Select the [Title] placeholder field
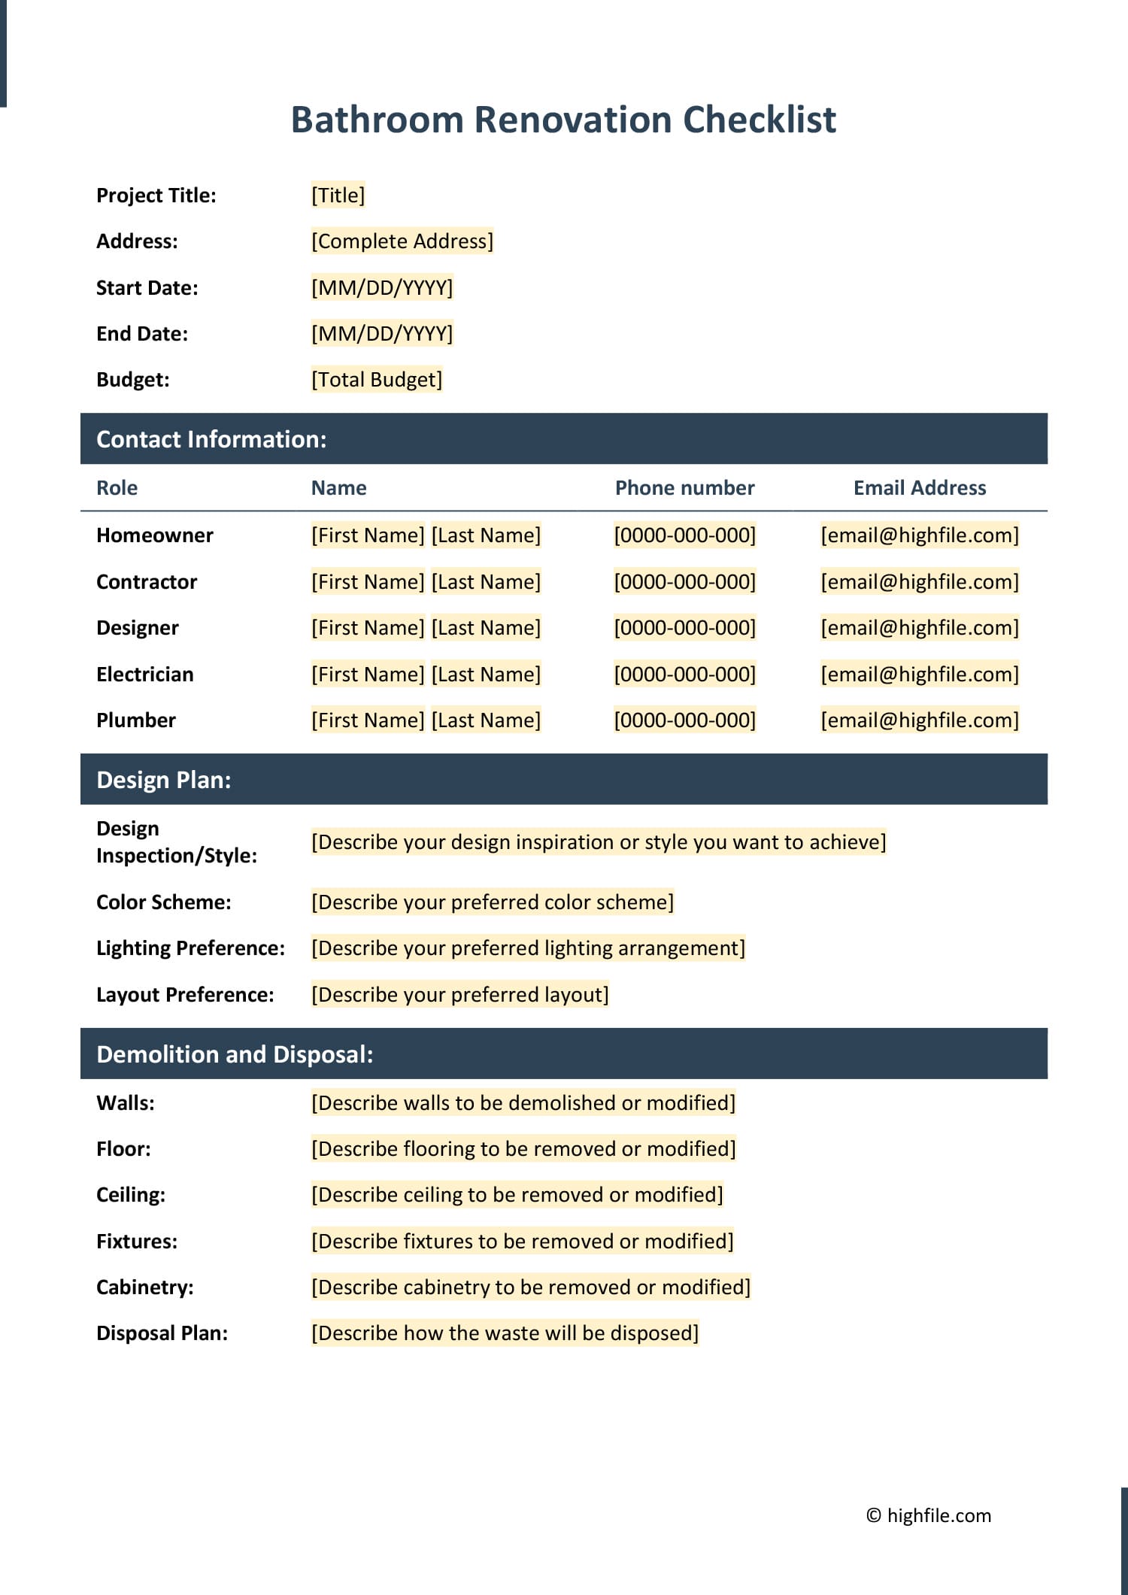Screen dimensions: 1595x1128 coord(338,196)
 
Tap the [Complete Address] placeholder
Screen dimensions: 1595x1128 coord(402,241)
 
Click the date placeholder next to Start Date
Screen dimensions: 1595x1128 coord(382,288)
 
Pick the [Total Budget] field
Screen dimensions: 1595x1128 coord(376,380)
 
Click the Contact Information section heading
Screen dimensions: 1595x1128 coord(211,439)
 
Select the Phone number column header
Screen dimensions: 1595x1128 coord(684,488)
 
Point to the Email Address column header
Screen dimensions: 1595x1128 coord(919,488)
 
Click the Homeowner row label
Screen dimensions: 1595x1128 coord(154,535)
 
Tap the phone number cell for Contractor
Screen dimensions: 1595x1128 coord(684,582)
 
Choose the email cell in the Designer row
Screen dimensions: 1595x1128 coord(919,628)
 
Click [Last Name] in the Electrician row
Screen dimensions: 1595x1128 coord(486,675)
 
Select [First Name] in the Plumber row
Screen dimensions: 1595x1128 coord(368,720)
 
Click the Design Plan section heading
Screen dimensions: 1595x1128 coord(163,780)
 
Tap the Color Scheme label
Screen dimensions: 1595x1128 coord(163,902)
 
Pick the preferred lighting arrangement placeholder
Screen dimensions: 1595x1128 coord(528,948)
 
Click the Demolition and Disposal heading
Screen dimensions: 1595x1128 coord(235,1054)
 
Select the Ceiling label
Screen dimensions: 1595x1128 coord(130,1195)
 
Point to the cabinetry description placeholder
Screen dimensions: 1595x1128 coord(530,1287)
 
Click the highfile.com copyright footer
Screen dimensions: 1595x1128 coord(928,1515)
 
